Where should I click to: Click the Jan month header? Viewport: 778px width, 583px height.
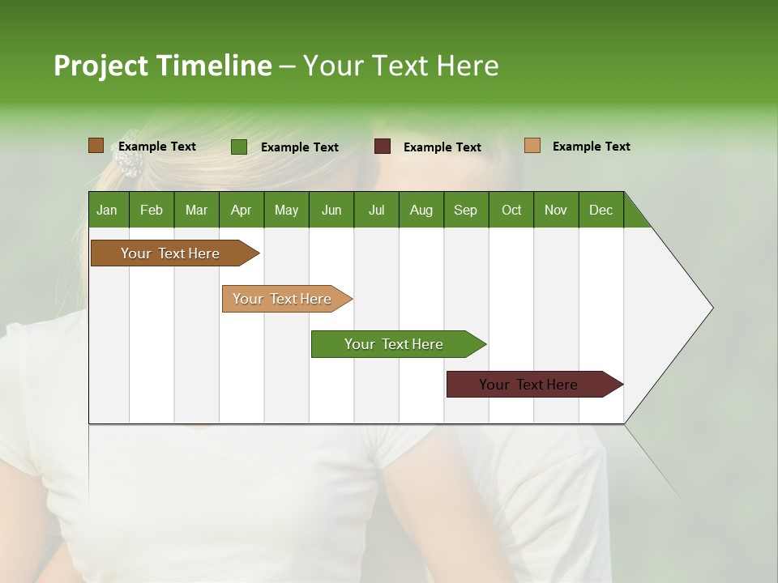107,210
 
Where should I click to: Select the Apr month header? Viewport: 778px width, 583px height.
241,210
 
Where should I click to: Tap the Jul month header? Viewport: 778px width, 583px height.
376,210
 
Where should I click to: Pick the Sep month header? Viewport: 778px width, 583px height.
465,210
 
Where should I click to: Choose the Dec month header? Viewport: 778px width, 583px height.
601,210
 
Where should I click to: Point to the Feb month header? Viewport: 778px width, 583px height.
152,210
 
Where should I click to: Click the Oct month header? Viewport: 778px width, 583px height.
511,210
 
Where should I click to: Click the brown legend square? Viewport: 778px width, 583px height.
96,146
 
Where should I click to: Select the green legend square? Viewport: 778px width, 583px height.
238,147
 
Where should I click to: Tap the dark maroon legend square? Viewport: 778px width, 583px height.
383,147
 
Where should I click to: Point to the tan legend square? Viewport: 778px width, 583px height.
532,146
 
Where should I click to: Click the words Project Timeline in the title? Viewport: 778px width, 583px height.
162,66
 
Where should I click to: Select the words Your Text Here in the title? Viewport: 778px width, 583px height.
400,66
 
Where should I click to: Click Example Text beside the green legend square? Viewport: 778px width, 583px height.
299,147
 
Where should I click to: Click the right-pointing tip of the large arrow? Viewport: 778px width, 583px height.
711,308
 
